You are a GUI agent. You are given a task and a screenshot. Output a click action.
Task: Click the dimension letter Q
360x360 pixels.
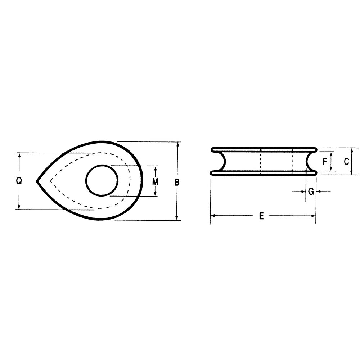click(x=19, y=181)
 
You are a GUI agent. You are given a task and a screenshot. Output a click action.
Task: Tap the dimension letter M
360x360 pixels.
click(x=156, y=182)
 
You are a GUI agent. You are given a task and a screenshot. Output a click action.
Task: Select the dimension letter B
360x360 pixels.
click(x=177, y=182)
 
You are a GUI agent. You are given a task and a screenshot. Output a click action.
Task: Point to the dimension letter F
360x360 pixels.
click(x=325, y=161)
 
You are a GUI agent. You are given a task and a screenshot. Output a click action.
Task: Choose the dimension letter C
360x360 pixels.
click(x=346, y=161)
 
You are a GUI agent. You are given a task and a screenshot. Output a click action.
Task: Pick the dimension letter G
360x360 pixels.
click(x=311, y=191)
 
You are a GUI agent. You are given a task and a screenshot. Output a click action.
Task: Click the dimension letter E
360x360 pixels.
click(x=261, y=216)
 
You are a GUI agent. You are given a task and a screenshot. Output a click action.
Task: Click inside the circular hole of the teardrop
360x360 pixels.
click(x=102, y=180)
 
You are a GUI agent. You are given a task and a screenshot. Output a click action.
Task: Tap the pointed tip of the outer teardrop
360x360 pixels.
click(x=37, y=181)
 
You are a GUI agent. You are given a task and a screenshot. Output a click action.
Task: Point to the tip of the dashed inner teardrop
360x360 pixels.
click(x=51, y=181)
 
